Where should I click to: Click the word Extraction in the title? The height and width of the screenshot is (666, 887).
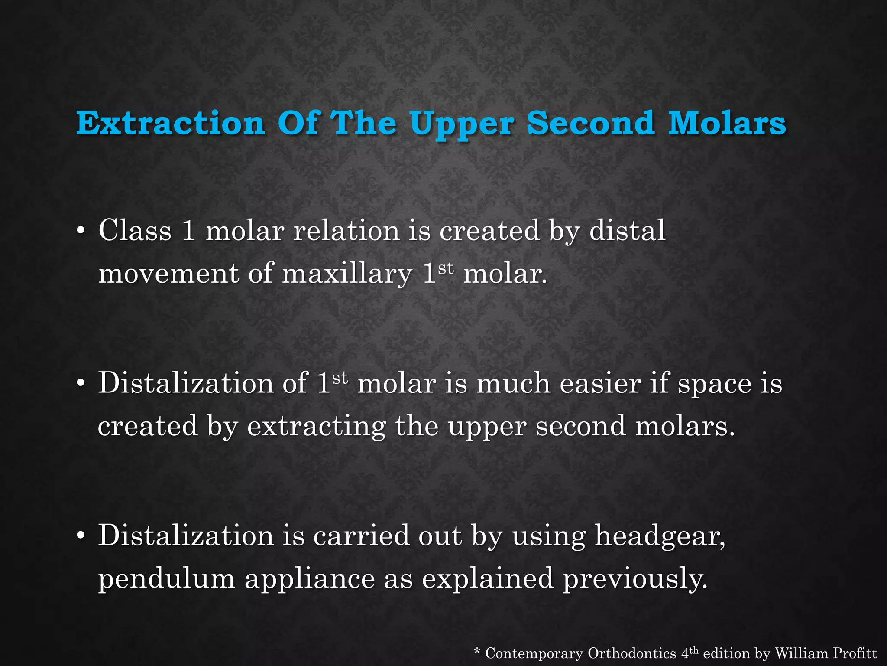pyautogui.click(x=171, y=123)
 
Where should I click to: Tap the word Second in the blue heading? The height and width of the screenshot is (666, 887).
pyautogui.click(x=590, y=123)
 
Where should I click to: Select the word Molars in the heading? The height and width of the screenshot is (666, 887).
pyautogui.click(x=727, y=123)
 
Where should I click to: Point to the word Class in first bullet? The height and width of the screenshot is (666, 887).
pyautogui.click(x=135, y=230)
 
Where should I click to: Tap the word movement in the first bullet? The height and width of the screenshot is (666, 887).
pyautogui.click(x=168, y=274)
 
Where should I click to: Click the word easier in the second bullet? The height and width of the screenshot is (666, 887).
pyautogui.click(x=600, y=383)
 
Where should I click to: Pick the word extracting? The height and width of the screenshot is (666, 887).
pyautogui.click(x=316, y=427)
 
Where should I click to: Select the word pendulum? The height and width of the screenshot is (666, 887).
pyautogui.click(x=167, y=579)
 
